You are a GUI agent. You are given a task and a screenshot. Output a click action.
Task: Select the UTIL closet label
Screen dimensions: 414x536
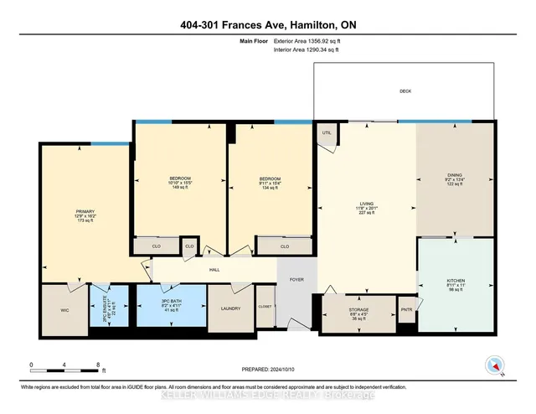[x=327, y=132]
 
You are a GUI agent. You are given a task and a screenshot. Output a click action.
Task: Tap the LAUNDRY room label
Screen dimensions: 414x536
[x=230, y=308]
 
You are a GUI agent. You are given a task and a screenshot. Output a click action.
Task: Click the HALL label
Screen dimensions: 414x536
[x=214, y=270]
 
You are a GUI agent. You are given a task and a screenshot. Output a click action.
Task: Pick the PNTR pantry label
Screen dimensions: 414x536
[x=406, y=308]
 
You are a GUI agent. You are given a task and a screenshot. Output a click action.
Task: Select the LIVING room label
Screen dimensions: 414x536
[x=365, y=203]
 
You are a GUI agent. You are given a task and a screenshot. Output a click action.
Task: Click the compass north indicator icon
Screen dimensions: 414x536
[x=493, y=365]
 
